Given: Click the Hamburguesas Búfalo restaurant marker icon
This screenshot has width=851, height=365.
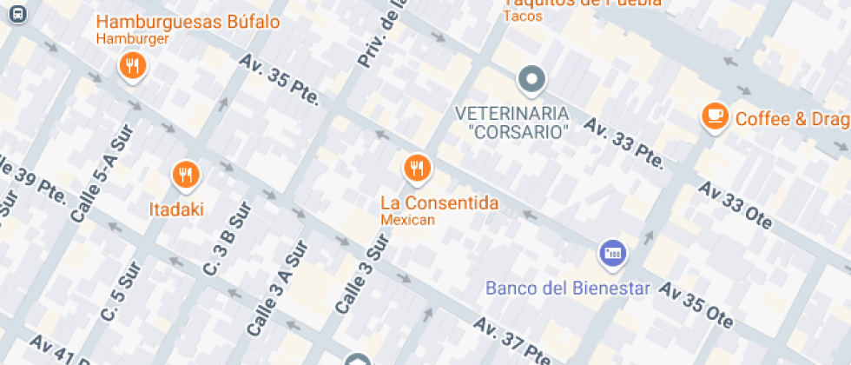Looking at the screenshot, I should [132, 66].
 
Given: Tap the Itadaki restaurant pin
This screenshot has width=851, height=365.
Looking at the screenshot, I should [185, 175].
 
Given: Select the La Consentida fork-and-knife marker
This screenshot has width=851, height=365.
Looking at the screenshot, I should [417, 167].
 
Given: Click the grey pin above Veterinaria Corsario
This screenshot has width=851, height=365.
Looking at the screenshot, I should [531, 81].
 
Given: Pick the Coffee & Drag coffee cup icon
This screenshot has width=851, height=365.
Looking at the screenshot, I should [715, 116].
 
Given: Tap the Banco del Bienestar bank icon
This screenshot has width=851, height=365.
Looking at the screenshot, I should [612, 253].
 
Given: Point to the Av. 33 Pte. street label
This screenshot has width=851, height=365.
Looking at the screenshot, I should [623, 143].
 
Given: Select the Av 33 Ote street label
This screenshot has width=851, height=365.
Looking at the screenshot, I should [734, 206].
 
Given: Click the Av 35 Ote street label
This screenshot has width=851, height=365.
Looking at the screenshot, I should [696, 303].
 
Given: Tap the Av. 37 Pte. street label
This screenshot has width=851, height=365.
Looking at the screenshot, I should [512, 342].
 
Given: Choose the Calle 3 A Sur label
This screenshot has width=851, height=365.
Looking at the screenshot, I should [277, 289].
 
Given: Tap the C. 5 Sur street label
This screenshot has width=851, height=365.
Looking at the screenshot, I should [119, 295].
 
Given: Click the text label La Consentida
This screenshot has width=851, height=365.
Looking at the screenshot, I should [439, 203].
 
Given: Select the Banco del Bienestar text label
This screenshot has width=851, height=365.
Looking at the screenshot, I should [568, 288].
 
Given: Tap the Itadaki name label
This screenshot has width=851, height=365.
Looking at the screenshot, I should [176, 209].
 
